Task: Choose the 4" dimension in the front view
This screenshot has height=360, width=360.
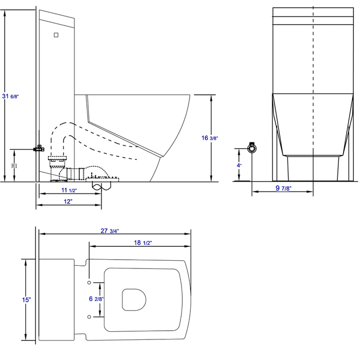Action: (x=239, y=165)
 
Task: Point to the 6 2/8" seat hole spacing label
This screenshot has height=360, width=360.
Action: (x=96, y=299)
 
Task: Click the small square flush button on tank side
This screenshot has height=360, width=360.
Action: (x=56, y=35)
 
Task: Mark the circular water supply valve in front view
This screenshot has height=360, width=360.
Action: (x=252, y=148)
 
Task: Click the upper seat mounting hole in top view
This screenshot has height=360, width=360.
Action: (x=90, y=283)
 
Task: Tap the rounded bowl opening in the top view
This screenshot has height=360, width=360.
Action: (x=134, y=299)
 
